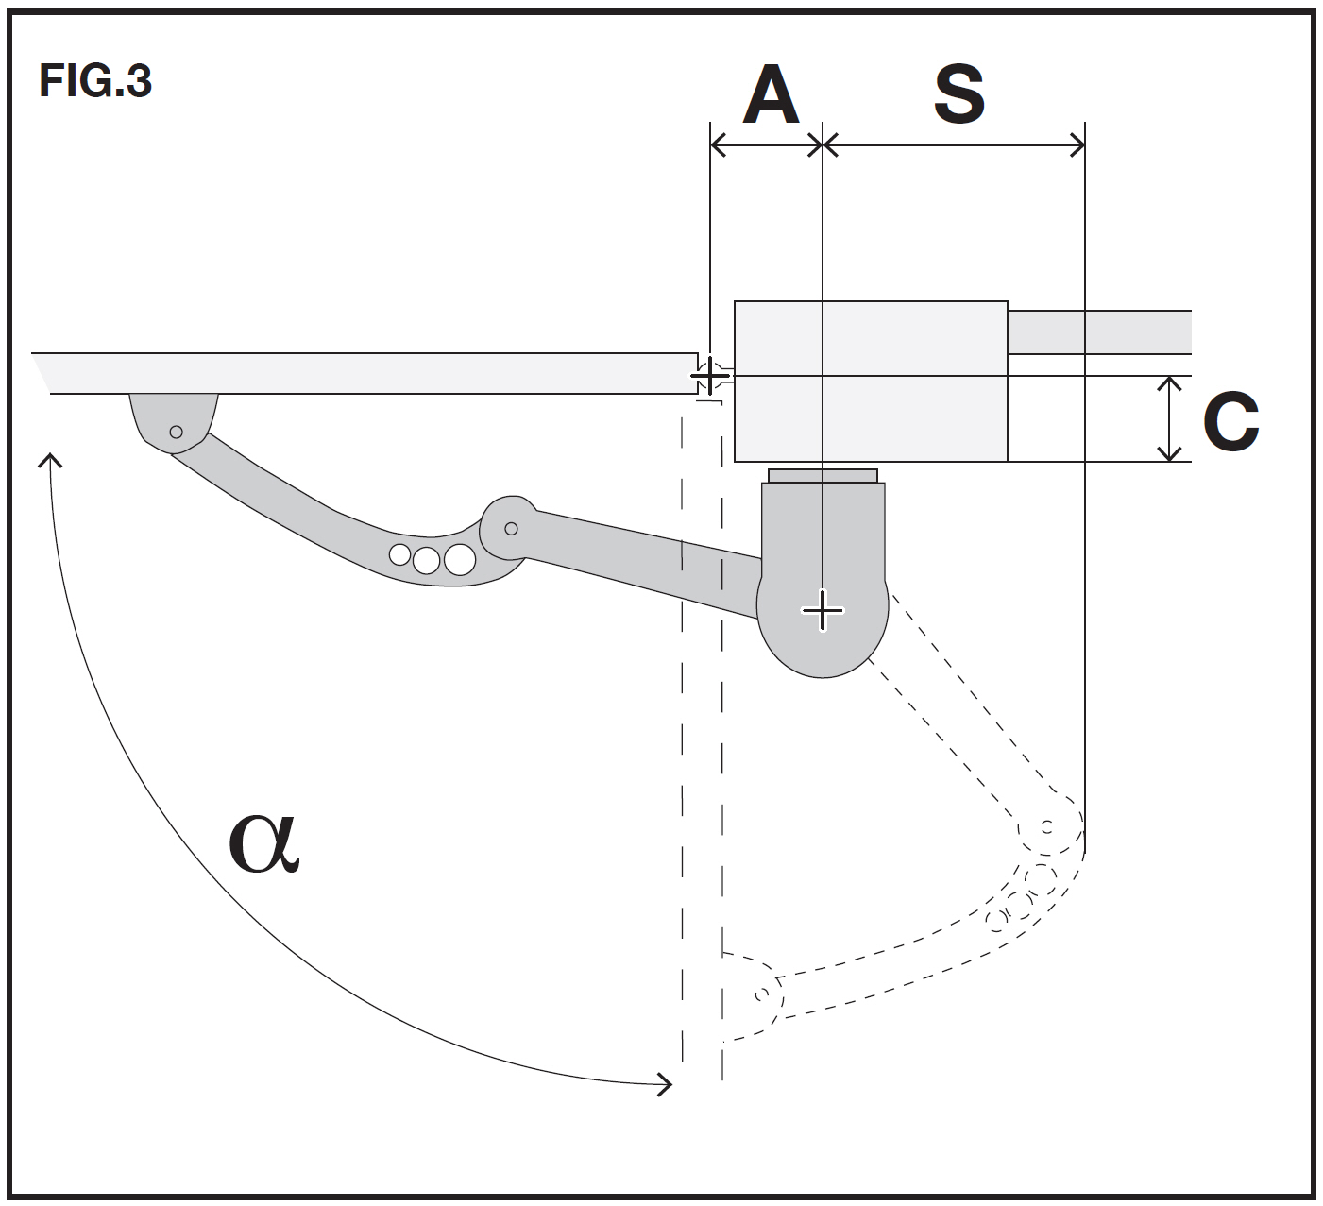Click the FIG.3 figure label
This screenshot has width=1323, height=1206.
click(95, 80)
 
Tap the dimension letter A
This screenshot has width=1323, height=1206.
click(771, 93)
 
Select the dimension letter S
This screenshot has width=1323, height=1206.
click(959, 93)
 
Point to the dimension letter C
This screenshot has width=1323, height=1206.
click(1230, 421)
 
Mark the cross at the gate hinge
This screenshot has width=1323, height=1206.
click(709, 376)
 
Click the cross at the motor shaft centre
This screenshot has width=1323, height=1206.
click(823, 610)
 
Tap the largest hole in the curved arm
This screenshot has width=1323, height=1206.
click(460, 559)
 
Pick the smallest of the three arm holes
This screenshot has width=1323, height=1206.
click(399, 554)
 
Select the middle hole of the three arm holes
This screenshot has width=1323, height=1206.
click(426, 560)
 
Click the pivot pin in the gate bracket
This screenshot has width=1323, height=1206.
click(176, 433)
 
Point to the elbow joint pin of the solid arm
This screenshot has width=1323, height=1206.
click(511, 529)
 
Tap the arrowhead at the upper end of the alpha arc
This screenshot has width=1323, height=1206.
click(50, 460)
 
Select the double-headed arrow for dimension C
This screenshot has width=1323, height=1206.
click(1169, 419)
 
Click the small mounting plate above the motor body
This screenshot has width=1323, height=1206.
click(823, 476)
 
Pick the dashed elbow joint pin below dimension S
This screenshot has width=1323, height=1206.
click(1046, 826)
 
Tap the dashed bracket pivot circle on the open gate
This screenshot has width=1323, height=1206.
click(762, 994)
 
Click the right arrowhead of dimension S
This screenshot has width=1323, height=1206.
click(1077, 145)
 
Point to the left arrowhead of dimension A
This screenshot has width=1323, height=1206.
click(719, 145)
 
